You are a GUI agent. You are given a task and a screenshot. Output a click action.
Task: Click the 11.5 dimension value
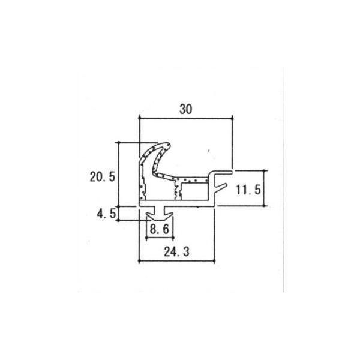[247, 190]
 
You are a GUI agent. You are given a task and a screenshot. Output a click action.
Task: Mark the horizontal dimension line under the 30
[185, 119]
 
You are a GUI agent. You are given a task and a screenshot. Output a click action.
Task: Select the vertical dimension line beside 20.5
[119, 174]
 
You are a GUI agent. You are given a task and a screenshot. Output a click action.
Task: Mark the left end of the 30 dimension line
[139, 119]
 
